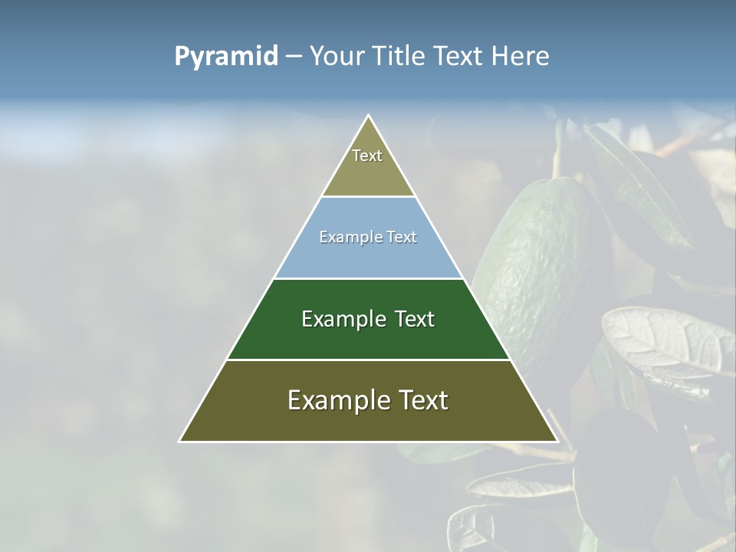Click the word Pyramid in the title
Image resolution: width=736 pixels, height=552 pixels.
pos(226,57)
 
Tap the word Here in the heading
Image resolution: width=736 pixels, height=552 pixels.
pos(520,57)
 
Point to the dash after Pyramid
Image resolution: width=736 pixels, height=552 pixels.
pos(294,57)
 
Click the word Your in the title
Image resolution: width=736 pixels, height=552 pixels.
pos(338,57)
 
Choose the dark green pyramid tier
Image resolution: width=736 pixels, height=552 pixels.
pos(369,337)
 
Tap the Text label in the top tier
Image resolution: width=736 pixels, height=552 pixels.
pos(367,156)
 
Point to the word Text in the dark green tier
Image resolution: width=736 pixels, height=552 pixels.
pos(415,319)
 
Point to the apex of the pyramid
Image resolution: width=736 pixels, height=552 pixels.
pos(369,117)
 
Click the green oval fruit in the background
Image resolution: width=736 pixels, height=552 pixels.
pos(537,261)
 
